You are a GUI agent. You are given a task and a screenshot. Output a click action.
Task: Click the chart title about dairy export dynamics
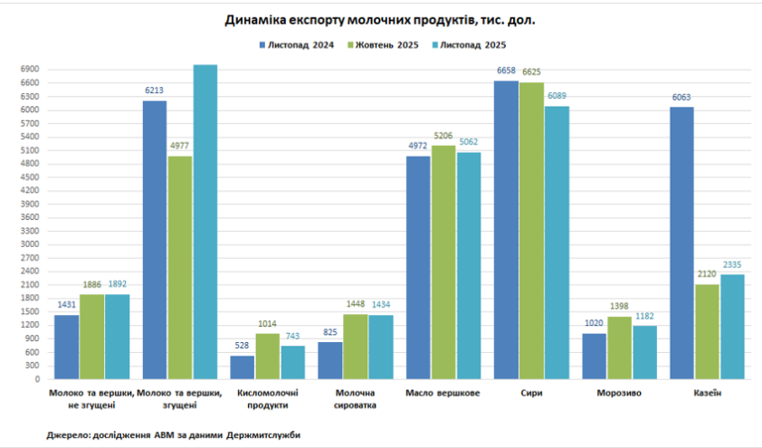[380, 19]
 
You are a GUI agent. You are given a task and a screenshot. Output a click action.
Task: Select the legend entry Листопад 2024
[298, 45]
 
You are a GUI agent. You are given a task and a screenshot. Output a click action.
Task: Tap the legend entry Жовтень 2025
[386, 45]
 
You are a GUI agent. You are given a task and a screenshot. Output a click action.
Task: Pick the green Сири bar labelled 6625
[531, 231]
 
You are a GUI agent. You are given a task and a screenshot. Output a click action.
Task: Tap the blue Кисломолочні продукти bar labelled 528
[243, 367]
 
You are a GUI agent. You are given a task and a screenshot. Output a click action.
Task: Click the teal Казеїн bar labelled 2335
[732, 327]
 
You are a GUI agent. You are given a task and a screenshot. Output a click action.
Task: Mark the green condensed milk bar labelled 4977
[179, 267]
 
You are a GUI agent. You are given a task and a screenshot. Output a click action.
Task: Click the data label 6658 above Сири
[506, 71]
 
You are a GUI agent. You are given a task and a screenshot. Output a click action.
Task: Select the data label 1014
[268, 323]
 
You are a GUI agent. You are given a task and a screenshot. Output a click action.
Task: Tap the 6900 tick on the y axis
[29, 70]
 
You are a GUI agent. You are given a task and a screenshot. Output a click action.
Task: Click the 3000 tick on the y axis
[29, 244]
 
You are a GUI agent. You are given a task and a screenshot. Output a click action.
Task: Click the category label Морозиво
[620, 394]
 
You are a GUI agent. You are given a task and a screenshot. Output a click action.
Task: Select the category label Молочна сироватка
[356, 399]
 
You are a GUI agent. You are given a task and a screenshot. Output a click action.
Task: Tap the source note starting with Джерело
[174, 435]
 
